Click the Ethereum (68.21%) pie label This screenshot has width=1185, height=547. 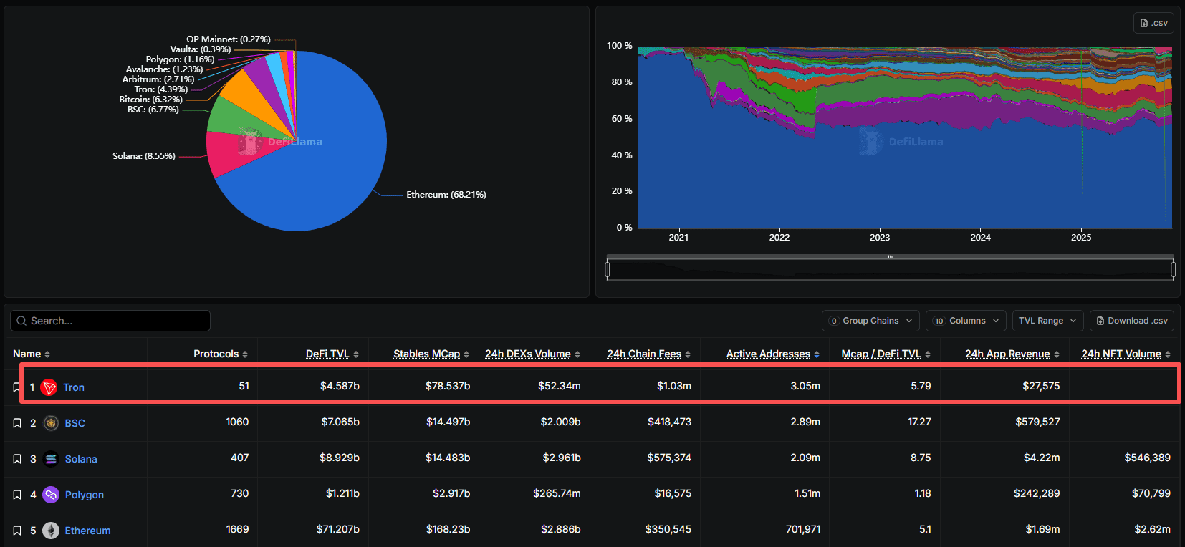(446, 195)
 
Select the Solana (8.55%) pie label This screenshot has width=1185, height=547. (143, 156)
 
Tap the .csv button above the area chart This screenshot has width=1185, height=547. (1153, 23)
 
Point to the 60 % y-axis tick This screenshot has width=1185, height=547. (621, 119)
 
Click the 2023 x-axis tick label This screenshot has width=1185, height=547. (880, 238)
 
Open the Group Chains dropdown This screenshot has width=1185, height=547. (870, 321)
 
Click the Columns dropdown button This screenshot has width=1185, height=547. (966, 321)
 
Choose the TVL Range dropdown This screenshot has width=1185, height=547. (1047, 321)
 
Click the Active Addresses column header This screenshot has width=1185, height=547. (768, 354)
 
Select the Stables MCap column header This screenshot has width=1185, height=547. (426, 354)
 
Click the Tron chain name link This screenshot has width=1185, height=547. (74, 387)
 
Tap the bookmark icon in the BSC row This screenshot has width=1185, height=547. (17, 423)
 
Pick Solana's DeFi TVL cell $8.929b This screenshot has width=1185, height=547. (339, 458)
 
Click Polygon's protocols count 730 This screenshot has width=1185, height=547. (239, 493)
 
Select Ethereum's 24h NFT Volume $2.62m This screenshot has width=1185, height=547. (1152, 529)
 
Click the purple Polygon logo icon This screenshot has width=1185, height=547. (51, 495)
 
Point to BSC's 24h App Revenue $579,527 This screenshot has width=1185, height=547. (1037, 422)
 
